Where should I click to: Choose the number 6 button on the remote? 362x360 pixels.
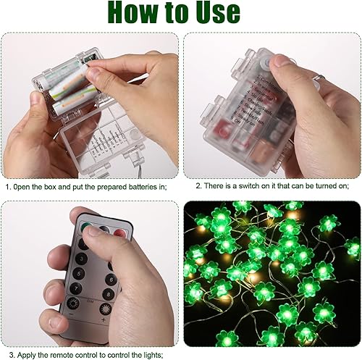[x=111, y=262]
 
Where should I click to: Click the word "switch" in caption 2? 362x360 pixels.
[x=245, y=186]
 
